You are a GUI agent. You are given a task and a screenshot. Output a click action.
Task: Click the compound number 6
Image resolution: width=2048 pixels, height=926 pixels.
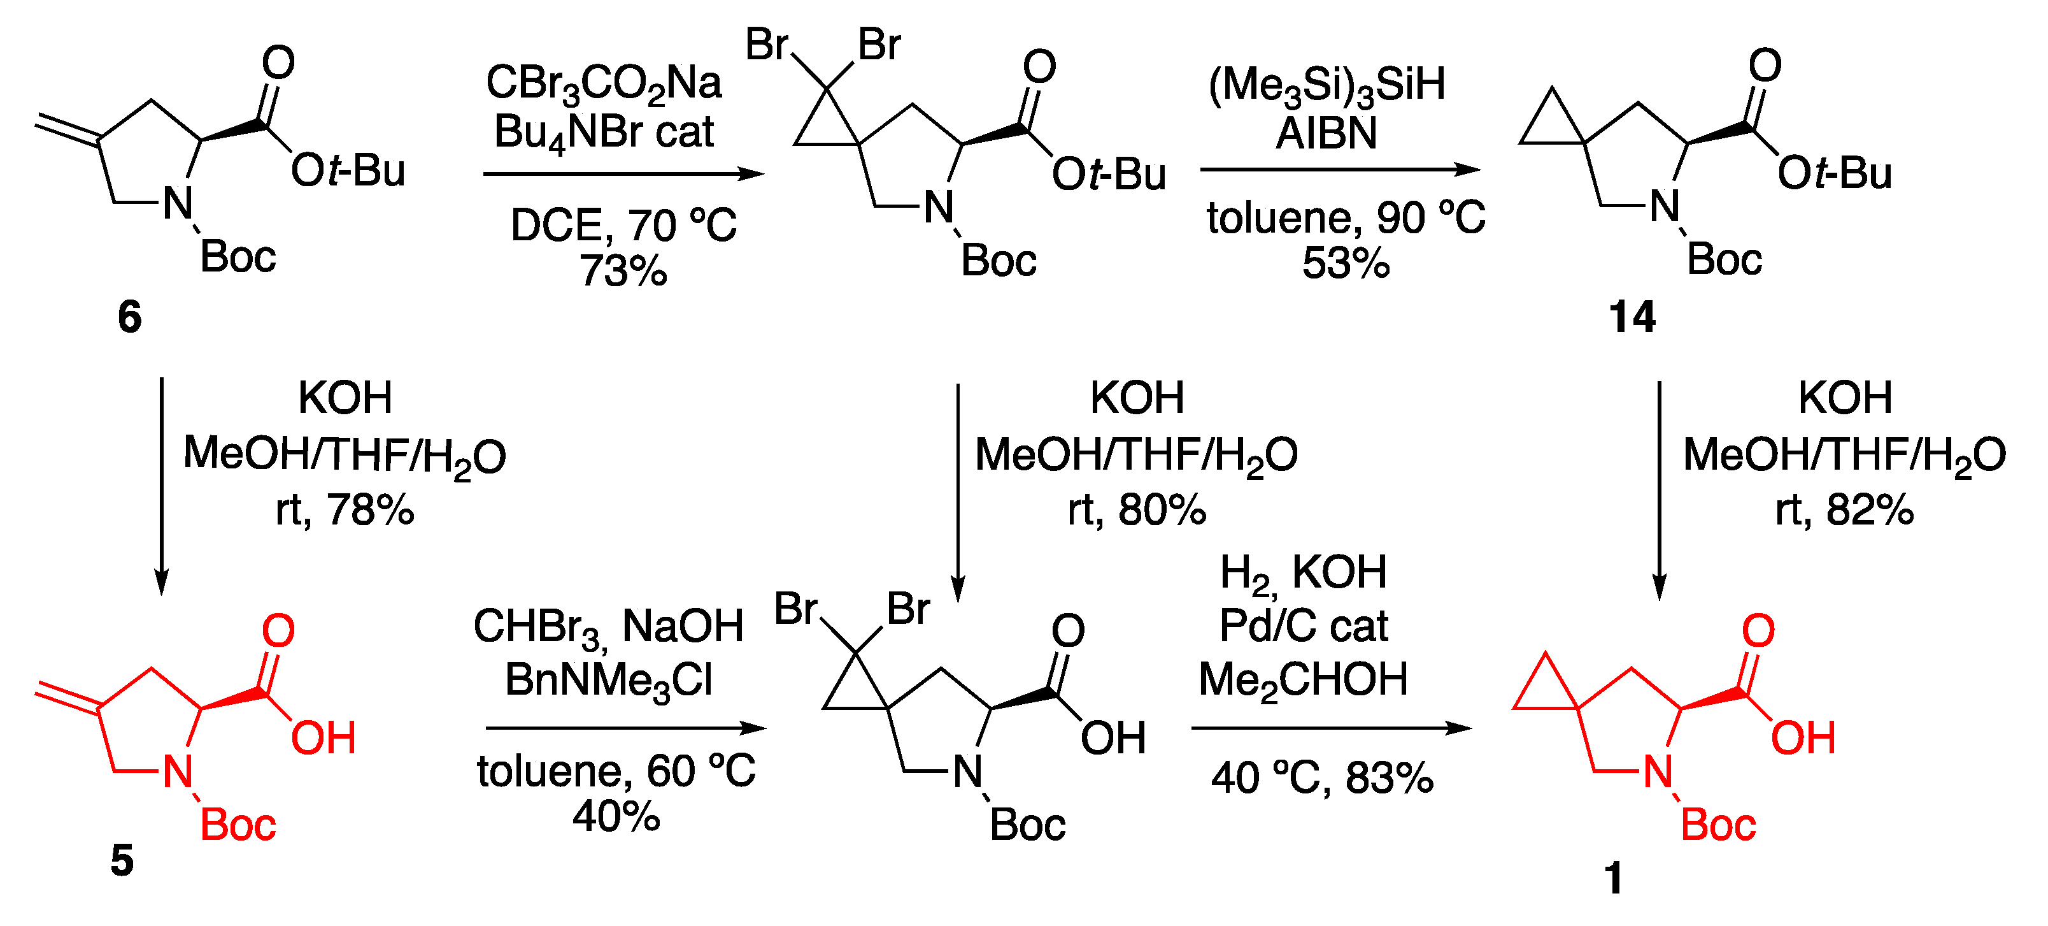click(129, 317)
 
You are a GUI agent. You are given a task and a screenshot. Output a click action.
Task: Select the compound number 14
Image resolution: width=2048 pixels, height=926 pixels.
click(1632, 317)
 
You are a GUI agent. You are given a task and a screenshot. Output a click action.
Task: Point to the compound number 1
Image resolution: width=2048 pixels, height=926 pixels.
click(1613, 878)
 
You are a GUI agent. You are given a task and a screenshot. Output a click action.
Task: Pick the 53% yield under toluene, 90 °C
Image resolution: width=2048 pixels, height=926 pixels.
click(1345, 263)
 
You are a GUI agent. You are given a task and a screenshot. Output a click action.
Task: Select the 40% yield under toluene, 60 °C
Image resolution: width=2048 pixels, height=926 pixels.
click(616, 815)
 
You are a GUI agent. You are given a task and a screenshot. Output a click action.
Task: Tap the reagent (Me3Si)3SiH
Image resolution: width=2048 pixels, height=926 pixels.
click(1326, 85)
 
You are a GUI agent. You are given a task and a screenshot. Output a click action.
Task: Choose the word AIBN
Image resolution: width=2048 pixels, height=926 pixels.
click(1326, 133)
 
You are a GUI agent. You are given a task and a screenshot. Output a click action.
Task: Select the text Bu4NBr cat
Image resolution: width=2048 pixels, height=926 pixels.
click(604, 133)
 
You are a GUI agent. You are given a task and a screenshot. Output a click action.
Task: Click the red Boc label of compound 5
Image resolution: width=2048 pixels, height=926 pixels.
click(238, 824)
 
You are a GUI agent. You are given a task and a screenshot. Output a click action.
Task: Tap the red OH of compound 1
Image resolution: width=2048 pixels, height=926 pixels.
click(1803, 737)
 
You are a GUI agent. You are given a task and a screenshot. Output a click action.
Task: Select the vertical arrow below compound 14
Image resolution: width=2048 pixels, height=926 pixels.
click(1660, 489)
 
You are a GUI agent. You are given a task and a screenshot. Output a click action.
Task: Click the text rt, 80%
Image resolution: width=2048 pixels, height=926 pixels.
click(1137, 509)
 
